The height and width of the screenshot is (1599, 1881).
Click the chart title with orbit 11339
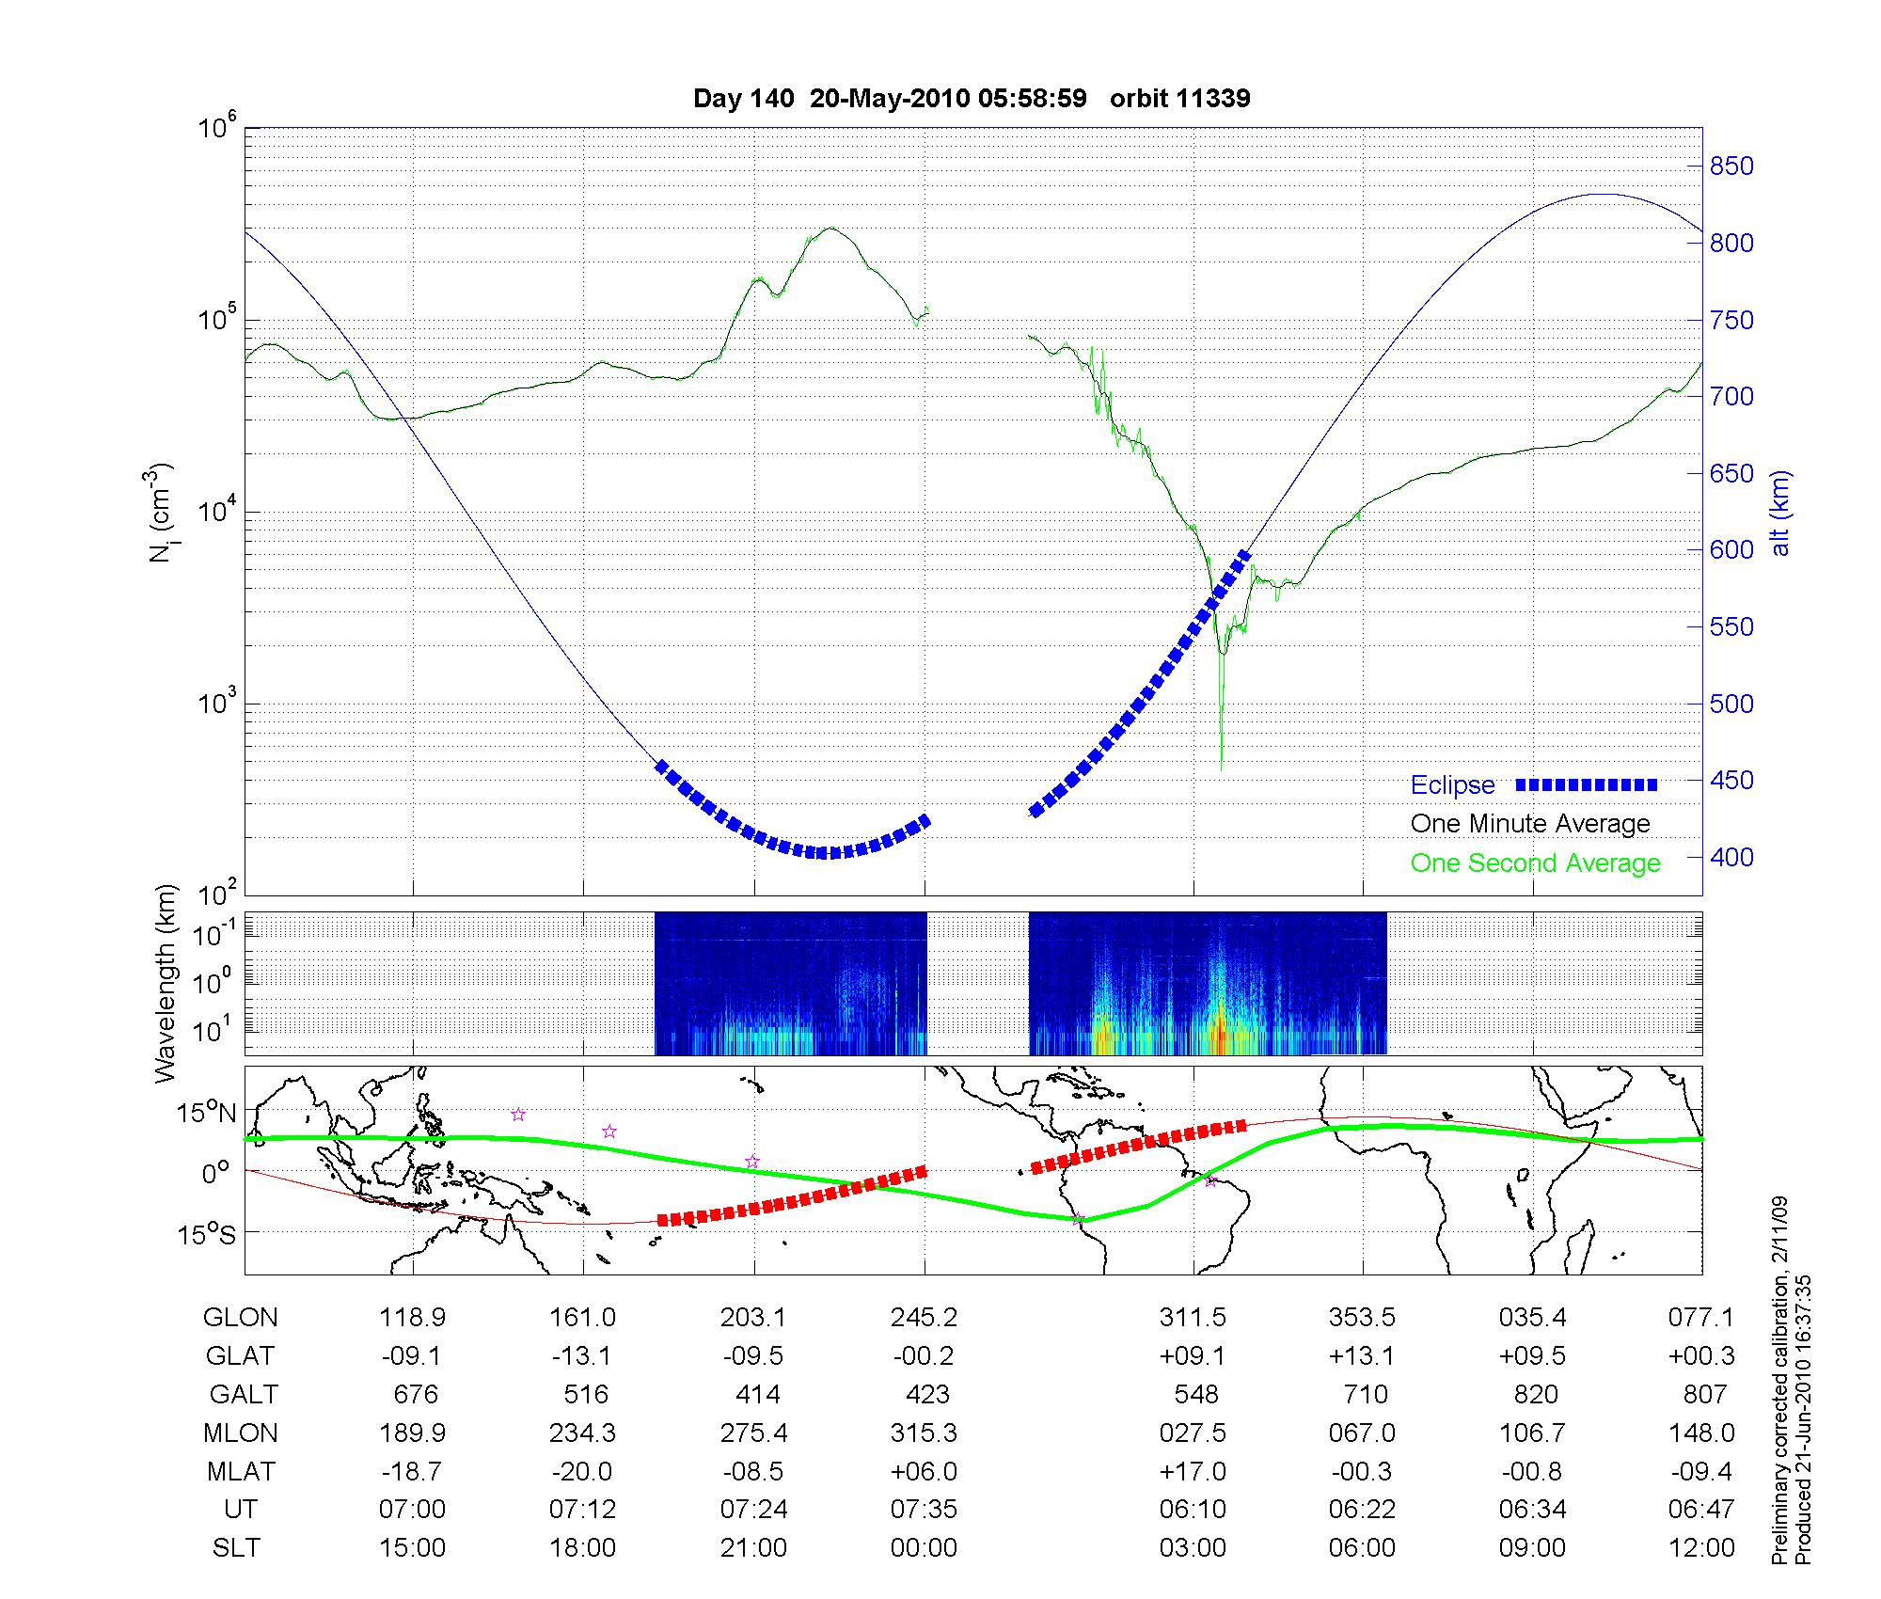[972, 99]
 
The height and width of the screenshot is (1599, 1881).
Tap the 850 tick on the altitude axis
[1731, 166]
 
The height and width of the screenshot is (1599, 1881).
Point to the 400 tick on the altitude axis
[1731, 857]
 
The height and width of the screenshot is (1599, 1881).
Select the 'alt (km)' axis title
[1780, 513]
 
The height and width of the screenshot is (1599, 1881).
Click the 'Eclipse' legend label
[1452, 785]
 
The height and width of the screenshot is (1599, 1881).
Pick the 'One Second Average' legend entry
[1535, 863]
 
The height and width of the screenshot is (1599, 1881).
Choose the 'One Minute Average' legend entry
[1530, 824]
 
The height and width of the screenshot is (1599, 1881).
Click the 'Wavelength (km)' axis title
[166, 983]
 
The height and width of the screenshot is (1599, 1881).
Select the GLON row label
[240, 1318]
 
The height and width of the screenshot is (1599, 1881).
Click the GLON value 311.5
[1193, 1318]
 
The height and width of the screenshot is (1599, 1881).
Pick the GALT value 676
[415, 1394]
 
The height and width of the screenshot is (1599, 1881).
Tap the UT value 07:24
[753, 1510]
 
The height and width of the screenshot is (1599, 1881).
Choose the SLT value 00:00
[924, 1548]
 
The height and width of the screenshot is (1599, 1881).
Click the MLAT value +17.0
[1193, 1471]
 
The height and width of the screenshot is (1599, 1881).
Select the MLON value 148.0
[1702, 1433]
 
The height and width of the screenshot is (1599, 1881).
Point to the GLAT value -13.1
[583, 1355]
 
